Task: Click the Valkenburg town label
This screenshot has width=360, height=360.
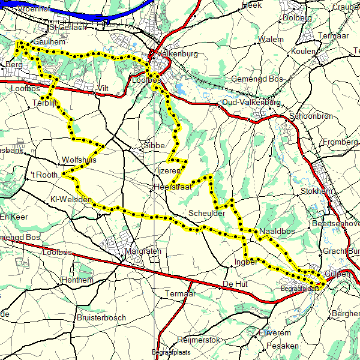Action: [179, 53]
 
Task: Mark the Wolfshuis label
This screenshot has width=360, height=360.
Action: [79, 160]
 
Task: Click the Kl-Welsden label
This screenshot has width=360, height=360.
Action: [70, 199]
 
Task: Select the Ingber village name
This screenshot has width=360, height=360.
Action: [246, 262]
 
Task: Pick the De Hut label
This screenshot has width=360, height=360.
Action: [235, 283]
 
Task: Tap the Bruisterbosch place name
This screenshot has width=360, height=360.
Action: [101, 317]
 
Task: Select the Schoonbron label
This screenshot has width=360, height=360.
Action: [311, 116]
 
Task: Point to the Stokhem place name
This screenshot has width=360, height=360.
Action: [316, 192]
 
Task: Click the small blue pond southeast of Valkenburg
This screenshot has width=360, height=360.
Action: [179, 89]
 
